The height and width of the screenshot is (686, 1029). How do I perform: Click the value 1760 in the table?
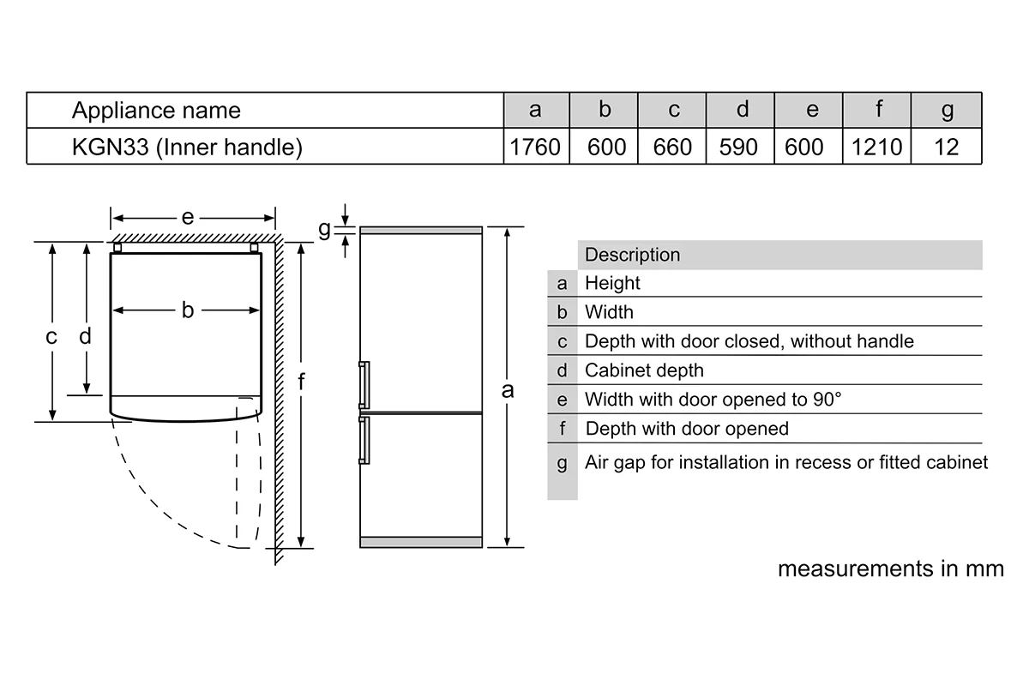(535, 147)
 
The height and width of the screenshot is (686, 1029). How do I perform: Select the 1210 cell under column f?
(877, 147)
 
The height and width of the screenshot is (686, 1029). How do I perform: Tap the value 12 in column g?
(947, 147)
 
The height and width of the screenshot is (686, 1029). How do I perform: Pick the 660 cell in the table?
(672, 147)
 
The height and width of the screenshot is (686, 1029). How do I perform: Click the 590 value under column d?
(738, 147)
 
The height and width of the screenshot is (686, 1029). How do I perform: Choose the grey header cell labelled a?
(536, 110)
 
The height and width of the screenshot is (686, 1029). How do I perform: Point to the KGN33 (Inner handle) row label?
(187, 147)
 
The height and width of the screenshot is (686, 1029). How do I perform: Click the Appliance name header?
(156, 111)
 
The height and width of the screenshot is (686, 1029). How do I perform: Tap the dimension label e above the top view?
(188, 217)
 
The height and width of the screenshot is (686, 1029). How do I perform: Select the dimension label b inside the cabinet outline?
(188, 310)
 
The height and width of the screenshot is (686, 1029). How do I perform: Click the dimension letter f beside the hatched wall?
(301, 382)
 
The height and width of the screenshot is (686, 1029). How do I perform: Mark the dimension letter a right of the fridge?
(508, 390)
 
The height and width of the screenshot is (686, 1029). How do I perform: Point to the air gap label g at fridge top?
(324, 229)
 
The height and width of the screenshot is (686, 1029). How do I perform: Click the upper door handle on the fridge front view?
(364, 385)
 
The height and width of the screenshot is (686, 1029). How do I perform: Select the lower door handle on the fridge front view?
(364, 440)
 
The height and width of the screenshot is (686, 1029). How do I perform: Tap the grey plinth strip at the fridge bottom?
(421, 542)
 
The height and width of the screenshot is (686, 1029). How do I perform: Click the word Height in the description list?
(612, 283)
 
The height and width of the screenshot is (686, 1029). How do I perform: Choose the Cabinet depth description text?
(644, 370)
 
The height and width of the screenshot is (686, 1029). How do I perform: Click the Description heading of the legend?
(632, 255)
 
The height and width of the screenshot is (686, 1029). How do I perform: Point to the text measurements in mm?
(891, 569)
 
